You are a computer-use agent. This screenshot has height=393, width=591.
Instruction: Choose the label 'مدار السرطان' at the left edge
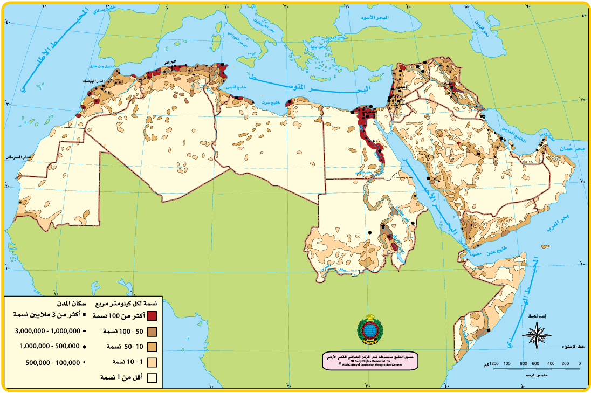click(19, 157)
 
